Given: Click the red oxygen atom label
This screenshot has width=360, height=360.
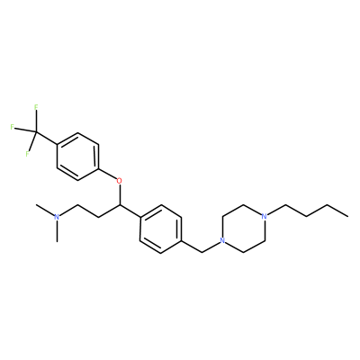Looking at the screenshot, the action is (x=120, y=181).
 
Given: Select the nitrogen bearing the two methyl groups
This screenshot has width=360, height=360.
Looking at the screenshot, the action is (x=57, y=217).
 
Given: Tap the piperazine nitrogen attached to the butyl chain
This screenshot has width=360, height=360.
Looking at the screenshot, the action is (x=264, y=216).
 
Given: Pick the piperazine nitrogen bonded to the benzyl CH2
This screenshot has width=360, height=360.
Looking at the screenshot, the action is (x=222, y=240).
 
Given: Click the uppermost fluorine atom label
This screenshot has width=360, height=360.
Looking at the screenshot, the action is (x=36, y=107).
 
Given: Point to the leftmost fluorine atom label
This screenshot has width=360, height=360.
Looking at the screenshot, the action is (x=12, y=127).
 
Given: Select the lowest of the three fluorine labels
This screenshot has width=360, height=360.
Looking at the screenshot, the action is (x=27, y=154).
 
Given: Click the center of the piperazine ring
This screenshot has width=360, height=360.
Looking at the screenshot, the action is (x=243, y=229).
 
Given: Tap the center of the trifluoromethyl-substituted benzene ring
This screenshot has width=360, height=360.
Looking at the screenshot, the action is (x=77, y=157).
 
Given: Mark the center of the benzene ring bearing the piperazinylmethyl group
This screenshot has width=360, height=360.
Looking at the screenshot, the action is (x=161, y=229).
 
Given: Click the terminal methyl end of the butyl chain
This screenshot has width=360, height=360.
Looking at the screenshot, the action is (x=348, y=216).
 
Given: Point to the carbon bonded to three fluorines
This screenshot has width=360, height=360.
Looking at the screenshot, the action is (x=36, y=132).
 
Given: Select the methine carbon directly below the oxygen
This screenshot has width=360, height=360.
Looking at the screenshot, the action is (x=120, y=205).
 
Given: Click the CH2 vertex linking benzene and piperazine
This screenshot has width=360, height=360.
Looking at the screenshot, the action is (x=202, y=253).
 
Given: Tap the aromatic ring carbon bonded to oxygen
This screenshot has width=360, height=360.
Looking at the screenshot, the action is (x=99, y=169).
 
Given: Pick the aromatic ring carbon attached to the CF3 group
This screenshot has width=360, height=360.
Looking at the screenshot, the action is (x=57, y=144).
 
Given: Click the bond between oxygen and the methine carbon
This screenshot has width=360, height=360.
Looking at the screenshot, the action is (x=120, y=194).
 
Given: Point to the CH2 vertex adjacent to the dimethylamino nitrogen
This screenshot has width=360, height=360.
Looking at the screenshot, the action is (x=77, y=205).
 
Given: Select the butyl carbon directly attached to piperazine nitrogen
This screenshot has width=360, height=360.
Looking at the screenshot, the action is (x=285, y=205).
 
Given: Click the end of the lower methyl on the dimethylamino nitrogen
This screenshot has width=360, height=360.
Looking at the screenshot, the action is (x=57, y=241).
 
